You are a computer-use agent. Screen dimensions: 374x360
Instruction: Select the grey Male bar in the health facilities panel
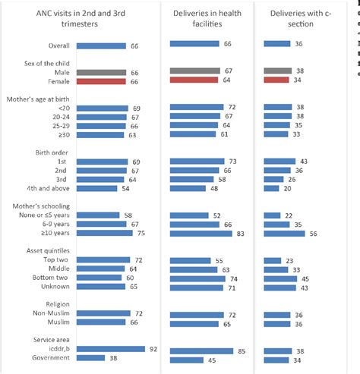tap(196, 70)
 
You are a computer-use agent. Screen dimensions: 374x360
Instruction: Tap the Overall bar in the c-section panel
tap(276, 44)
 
